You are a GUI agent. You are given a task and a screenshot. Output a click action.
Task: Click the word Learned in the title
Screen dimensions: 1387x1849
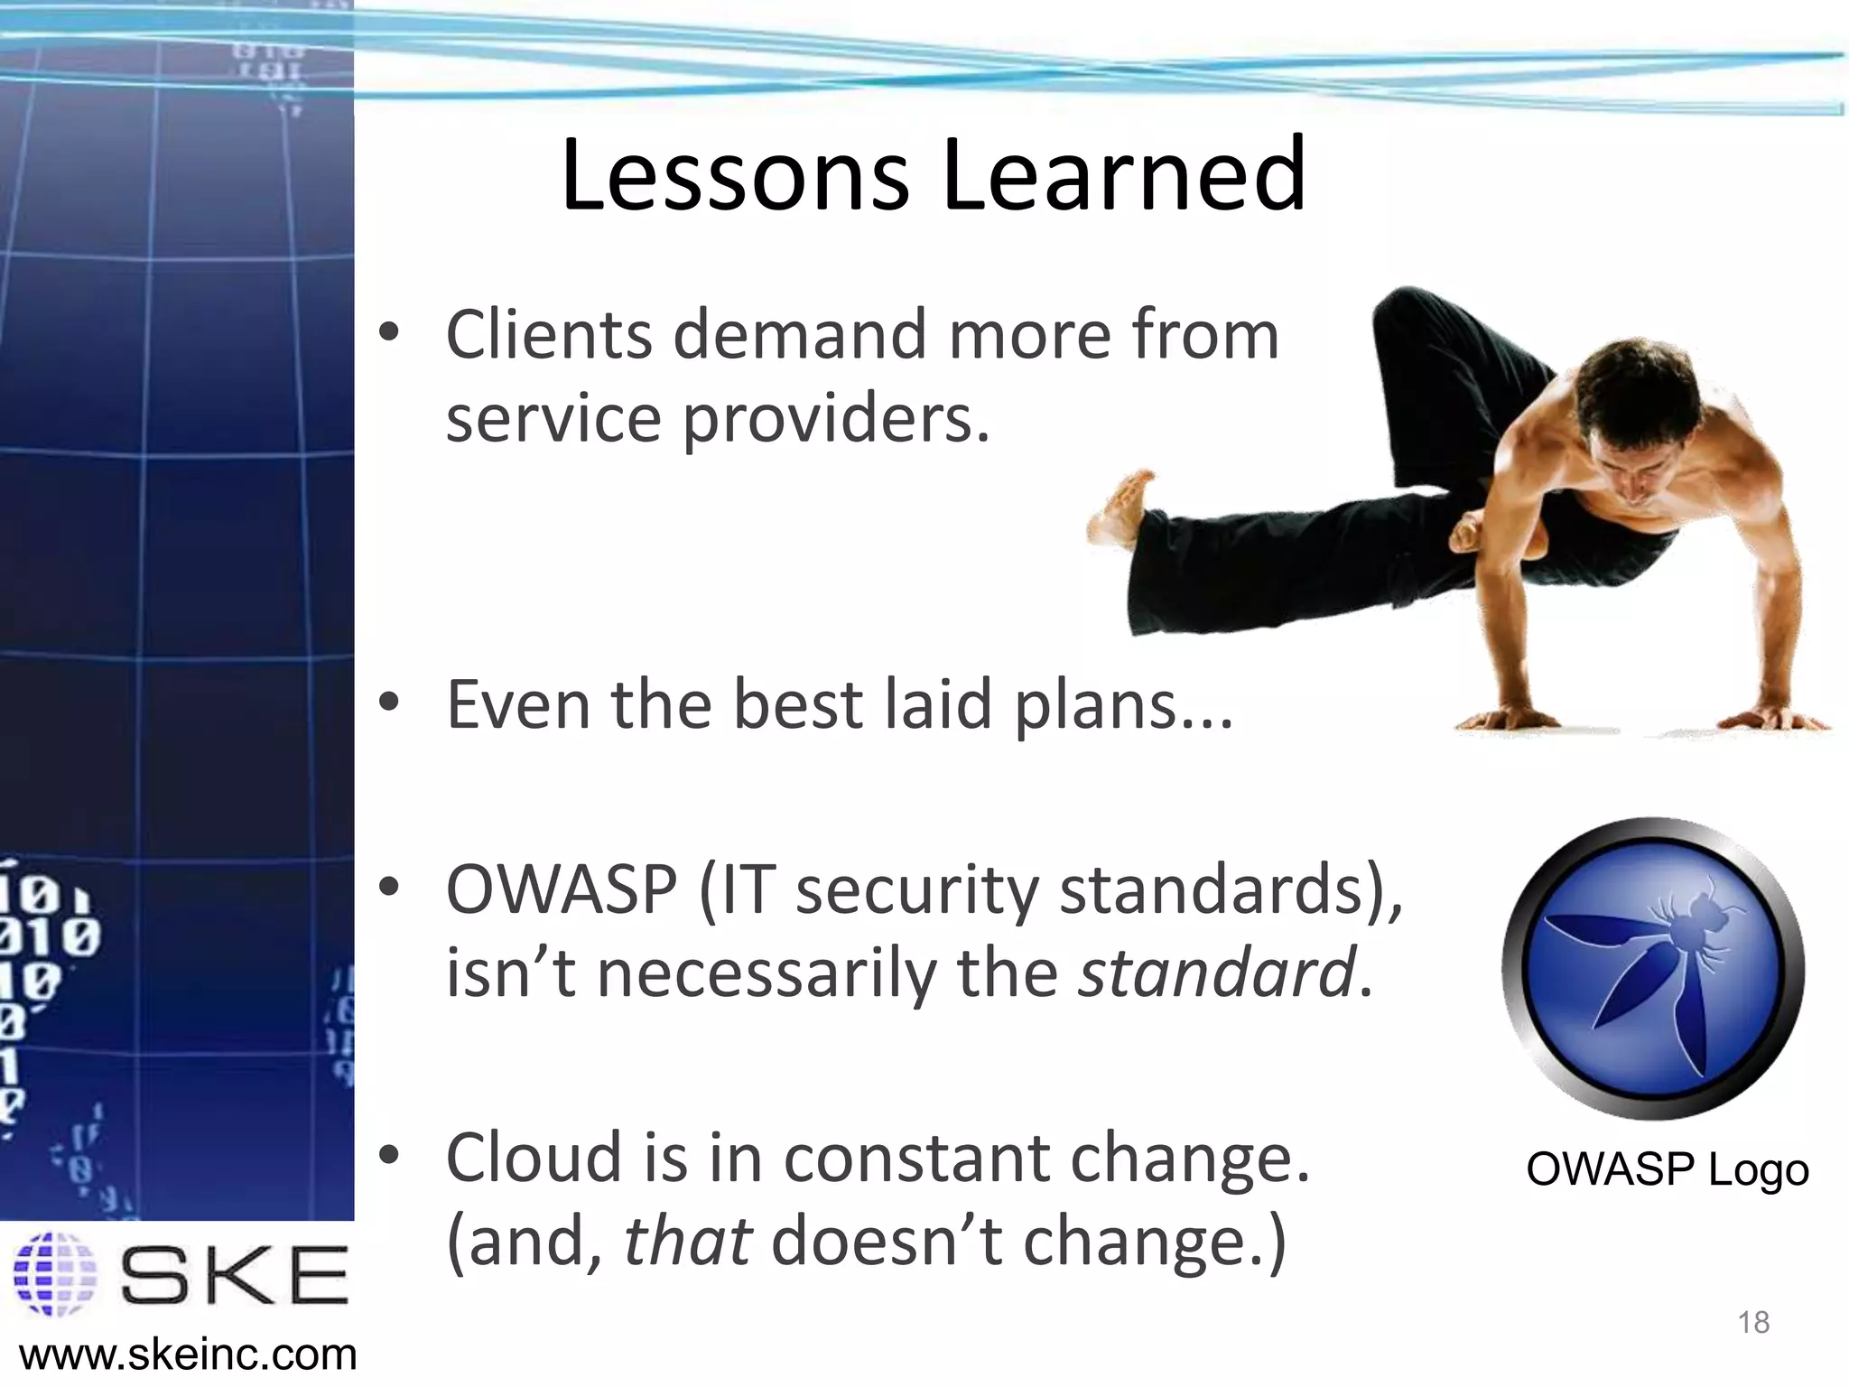click(x=1123, y=175)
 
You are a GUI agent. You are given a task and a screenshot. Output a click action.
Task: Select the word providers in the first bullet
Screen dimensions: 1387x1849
click(x=835, y=419)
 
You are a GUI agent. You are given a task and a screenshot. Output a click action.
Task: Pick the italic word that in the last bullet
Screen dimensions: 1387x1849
click(x=687, y=1242)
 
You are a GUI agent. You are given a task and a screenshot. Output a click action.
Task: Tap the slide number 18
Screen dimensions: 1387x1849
click(x=1753, y=1323)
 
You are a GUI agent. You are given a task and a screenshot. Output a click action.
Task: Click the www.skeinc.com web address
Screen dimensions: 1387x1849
click(x=188, y=1355)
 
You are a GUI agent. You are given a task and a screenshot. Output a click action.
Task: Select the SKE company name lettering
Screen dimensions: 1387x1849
click(x=235, y=1274)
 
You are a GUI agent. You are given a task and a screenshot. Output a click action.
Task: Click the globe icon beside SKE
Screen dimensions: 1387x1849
click(x=54, y=1273)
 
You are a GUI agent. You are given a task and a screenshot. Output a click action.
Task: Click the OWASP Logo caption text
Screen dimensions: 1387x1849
click(x=1667, y=1170)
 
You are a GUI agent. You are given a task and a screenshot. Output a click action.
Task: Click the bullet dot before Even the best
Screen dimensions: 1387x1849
click(x=389, y=703)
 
